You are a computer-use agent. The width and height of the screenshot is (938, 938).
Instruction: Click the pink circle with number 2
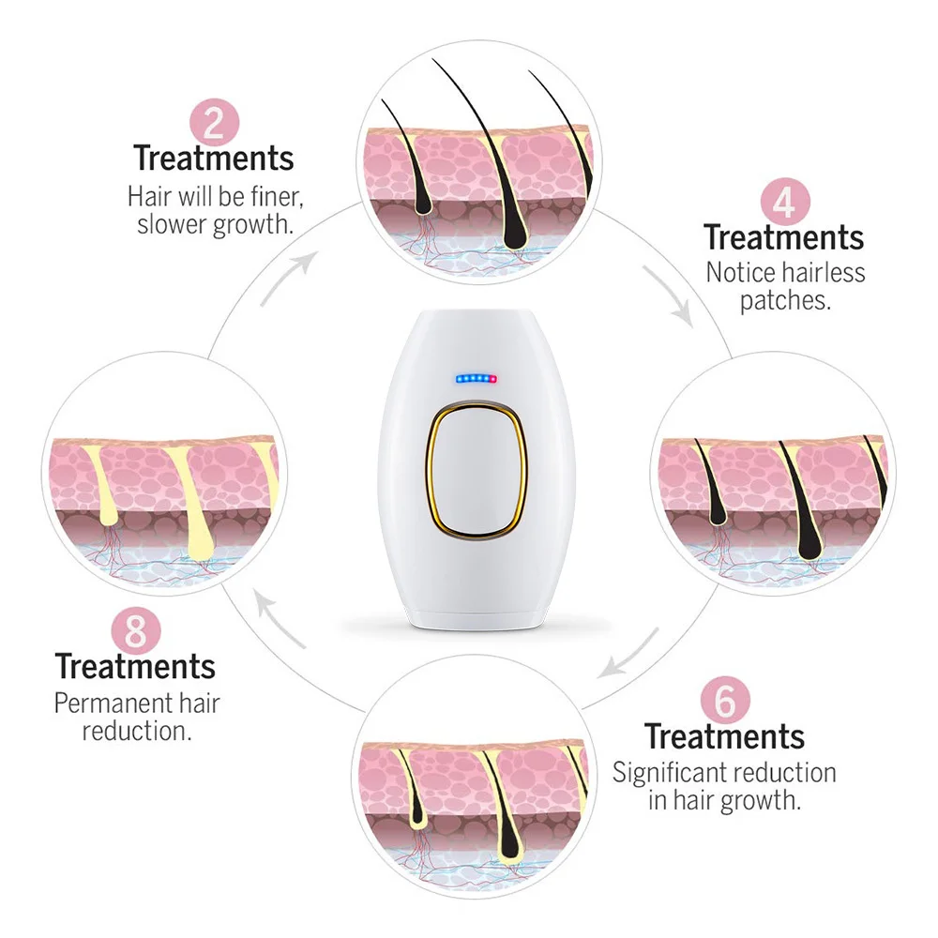click(x=214, y=122)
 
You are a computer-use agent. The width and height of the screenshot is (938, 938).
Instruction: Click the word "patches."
click(x=784, y=300)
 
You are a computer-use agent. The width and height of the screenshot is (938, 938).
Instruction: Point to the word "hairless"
click(x=822, y=272)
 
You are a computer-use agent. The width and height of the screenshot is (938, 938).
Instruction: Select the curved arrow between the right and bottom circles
click(x=630, y=655)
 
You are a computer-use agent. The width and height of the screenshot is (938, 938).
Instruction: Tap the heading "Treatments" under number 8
click(x=135, y=666)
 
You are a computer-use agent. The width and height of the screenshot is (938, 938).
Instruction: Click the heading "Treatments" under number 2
click(x=213, y=158)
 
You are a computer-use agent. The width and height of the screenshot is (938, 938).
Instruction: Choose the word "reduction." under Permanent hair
click(x=137, y=730)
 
